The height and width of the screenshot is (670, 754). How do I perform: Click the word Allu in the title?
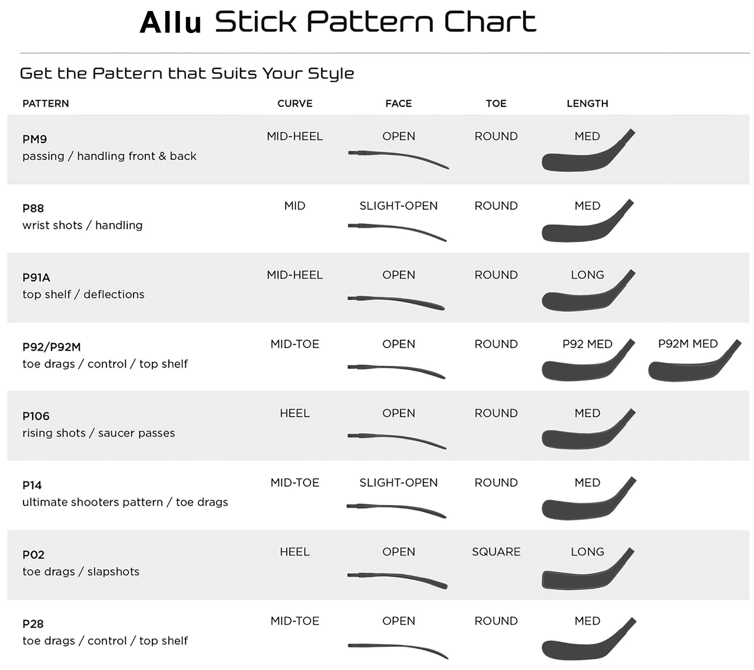tap(170, 22)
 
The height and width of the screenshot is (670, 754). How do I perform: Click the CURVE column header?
tap(295, 104)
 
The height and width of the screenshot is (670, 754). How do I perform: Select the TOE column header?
tap(496, 104)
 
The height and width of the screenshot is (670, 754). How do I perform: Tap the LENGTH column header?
tap(587, 104)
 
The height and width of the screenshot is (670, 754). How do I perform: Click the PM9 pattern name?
tap(35, 139)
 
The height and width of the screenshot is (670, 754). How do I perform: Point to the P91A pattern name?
tap(36, 278)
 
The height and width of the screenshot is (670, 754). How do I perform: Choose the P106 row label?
tap(36, 416)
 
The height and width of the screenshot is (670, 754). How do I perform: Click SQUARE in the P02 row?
tap(496, 552)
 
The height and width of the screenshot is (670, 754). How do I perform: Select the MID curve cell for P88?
tap(295, 206)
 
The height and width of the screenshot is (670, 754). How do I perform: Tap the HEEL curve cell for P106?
tap(295, 413)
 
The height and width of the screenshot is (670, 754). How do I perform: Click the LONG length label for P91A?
tap(587, 275)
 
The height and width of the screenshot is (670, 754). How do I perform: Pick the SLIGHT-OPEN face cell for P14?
tap(398, 483)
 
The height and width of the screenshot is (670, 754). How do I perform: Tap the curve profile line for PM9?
tap(398, 156)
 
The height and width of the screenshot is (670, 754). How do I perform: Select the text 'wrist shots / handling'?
tap(82, 225)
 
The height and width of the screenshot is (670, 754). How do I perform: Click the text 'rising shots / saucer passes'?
tap(99, 433)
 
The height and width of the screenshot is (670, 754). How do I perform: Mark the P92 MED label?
tap(587, 344)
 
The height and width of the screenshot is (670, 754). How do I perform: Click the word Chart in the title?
tap(490, 22)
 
